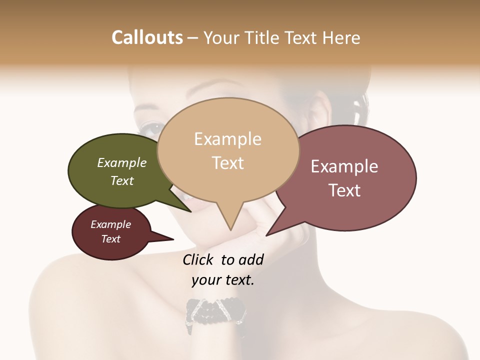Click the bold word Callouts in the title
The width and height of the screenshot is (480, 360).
point(147,37)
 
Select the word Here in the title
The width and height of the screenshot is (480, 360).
point(341,37)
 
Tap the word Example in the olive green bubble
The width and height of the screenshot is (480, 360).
point(122,162)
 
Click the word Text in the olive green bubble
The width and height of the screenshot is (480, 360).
point(122,180)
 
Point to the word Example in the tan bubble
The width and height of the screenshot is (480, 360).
point(227,139)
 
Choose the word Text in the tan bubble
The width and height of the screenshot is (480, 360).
point(228,162)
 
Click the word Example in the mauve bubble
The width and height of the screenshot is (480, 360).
point(344,166)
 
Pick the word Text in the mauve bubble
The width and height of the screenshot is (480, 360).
point(345,190)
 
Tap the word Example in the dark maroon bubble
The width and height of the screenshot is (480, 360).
point(111,224)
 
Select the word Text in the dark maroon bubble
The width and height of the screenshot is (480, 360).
point(111,239)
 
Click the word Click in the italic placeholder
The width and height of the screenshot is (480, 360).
point(198,259)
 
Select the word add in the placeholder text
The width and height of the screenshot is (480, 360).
point(251,259)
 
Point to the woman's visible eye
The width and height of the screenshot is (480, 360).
point(150,128)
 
